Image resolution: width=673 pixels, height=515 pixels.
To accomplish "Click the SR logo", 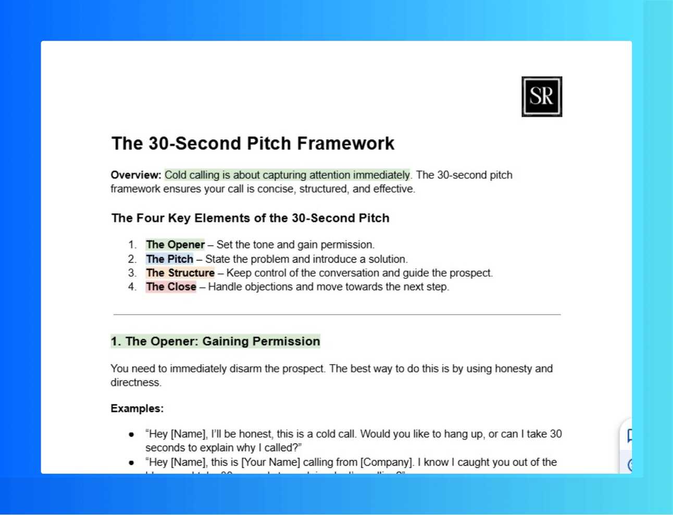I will pos(542,97).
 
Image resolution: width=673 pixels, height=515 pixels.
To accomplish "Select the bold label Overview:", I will pos(136,175).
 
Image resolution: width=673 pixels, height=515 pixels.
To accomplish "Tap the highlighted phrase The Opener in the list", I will pos(175,245).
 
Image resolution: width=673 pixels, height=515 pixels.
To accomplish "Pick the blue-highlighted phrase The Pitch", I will pos(169,259).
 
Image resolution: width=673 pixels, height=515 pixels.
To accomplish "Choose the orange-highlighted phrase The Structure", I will pos(180,273).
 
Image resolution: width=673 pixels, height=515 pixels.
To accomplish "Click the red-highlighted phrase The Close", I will pos(171,287).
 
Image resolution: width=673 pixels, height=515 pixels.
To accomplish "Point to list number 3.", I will pos(132,273).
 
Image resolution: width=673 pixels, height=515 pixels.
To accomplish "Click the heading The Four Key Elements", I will pos(250,218).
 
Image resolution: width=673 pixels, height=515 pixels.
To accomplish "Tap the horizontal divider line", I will pos(336,315).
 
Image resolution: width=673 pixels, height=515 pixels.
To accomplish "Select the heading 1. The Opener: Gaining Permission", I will pos(215,342).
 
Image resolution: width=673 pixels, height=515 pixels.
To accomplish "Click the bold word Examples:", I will pos(137,409).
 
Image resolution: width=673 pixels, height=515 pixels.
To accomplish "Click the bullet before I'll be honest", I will pos(131,434).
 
